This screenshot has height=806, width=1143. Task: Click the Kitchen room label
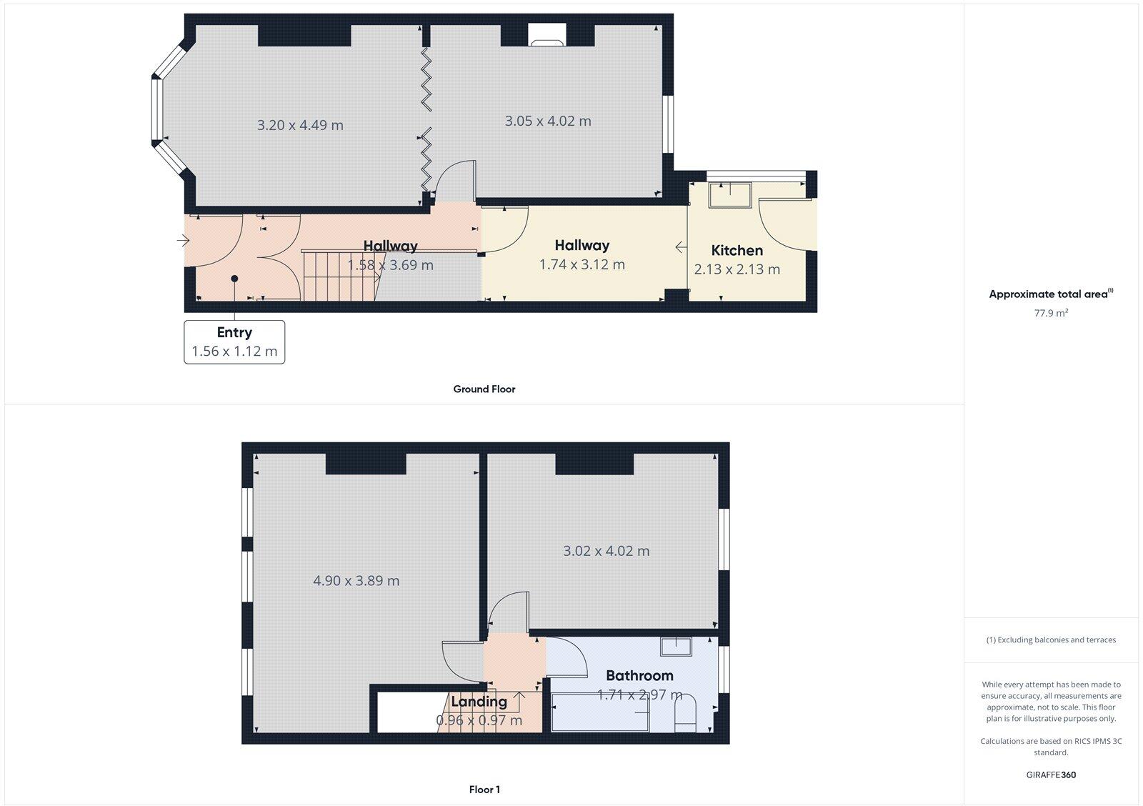tap(737, 250)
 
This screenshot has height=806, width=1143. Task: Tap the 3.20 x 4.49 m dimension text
tap(300, 125)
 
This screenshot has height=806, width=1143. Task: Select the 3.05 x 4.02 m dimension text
tap(548, 121)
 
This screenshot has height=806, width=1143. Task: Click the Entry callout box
tap(234, 342)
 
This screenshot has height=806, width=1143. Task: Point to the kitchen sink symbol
tap(729, 195)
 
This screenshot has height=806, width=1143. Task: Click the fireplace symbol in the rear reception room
tap(547, 35)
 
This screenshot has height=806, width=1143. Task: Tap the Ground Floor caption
tap(484, 389)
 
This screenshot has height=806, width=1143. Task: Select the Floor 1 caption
tap(484, 790)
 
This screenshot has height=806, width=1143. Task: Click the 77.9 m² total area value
tap(1051, 313)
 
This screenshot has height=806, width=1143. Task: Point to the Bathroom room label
tap(639, 675)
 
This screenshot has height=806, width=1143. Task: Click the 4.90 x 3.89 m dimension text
tap(356, 581)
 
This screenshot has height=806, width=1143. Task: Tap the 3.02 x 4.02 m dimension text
tap(606, 551)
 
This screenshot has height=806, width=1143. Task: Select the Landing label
tap(479, 702)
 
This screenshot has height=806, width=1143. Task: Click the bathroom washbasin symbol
tap(675, 647)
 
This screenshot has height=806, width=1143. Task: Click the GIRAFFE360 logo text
tap(1051, 775)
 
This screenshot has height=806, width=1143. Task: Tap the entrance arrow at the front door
tap(183, 241)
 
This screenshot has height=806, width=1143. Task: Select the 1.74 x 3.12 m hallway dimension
tap(582, 264)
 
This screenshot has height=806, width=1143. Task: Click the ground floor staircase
tap(339, 275)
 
